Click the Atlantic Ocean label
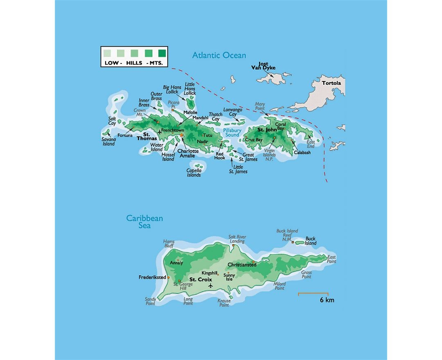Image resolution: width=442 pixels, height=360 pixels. pos(219,55)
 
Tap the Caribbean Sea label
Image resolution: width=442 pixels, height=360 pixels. pos(144,222)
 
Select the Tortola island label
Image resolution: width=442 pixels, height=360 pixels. pos(331,83)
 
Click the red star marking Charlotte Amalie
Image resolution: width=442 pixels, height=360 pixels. pos(182,135)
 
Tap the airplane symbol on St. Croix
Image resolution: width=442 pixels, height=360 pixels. pos(210,286)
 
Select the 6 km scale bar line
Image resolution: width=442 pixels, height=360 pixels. pos(313,293)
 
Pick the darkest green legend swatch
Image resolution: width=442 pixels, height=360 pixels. pos(162,53)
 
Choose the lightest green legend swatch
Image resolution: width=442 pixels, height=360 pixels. pos(107,53)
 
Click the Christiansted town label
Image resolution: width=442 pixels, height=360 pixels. pos(242,265)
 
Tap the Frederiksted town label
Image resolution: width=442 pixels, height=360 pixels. pos(152,277)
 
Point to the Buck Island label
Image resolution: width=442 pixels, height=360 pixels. pos(311,241)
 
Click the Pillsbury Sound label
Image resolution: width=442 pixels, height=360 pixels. pos(232,133)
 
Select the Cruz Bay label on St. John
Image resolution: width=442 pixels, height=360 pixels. pos(254,140)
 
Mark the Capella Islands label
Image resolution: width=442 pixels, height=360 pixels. pos(194,173)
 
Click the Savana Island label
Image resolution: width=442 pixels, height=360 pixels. pos(108,142)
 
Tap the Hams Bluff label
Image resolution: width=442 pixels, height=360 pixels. pos(169,244)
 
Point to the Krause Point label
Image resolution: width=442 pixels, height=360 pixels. pos(224,303)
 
